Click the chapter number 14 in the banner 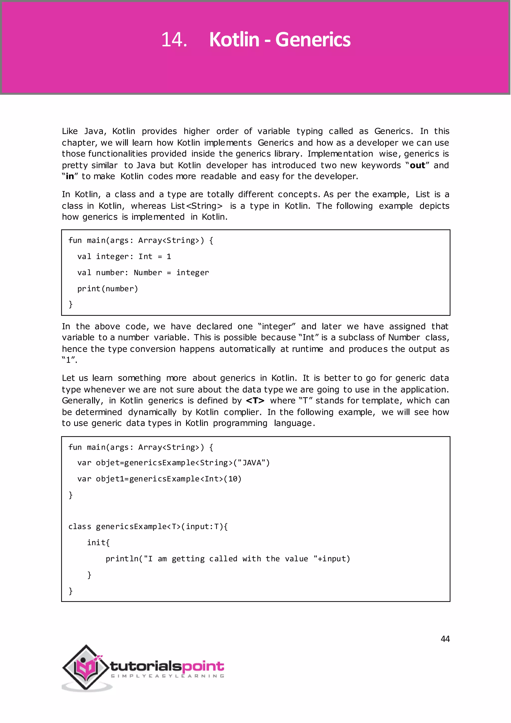[174, 40]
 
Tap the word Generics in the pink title [313, 40]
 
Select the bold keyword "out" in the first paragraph [417, 165]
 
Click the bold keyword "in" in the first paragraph [70, 176]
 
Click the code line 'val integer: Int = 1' [124, 257]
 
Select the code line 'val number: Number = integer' [143, 273]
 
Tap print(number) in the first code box [108, 289]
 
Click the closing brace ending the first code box [70, 304]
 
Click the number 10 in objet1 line [233, 479]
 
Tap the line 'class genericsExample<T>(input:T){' [148, 527]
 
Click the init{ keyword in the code [98, 542]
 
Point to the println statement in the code [228, 559]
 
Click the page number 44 [445, 639]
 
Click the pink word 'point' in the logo [203, 666]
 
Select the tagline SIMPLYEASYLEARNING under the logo [167, 676]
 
